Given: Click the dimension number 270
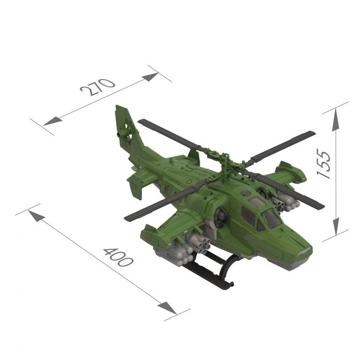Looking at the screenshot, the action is (x=97, y=88).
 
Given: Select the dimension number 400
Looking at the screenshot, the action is (x=118, y=257).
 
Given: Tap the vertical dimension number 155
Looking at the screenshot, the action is (x=324, y=163).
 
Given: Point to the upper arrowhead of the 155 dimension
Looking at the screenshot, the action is (x=336, y=120).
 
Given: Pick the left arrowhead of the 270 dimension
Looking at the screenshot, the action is (x=53, y=121).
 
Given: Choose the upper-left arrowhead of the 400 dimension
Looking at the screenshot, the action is (x=37, y=216).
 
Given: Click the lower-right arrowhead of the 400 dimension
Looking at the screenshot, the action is (x=167, y=308).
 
